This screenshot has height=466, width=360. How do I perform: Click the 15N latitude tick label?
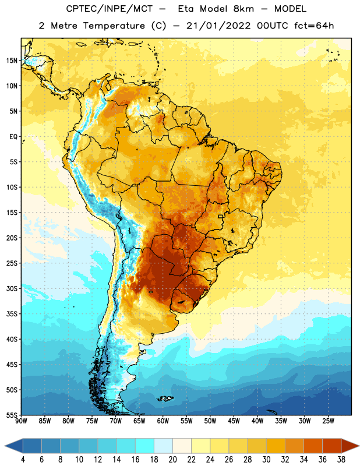[x=12, y=61]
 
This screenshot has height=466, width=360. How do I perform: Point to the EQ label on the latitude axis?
[x=13, y=137]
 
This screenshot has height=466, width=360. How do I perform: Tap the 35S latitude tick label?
[x=12, y=314]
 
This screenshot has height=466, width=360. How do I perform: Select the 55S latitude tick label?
[x=12, y=415]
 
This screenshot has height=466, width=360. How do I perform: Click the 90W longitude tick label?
[x=21, y=421]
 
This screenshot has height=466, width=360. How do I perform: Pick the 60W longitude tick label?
[x=163, y=421]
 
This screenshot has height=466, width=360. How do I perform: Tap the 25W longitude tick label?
[x=328, y=421]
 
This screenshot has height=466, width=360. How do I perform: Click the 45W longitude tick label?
[x=234, y=421]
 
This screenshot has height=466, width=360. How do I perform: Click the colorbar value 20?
[x=172, y=460]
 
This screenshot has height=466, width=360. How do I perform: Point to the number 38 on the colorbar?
[x=341, y=460]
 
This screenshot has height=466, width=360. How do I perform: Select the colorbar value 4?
[x=23, y=460]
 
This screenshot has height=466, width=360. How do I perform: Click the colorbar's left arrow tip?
[x=5, y=446]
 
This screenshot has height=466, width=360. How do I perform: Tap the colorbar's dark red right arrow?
[x=349, y=446]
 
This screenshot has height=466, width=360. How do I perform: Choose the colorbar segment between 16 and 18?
[x=144, y=446]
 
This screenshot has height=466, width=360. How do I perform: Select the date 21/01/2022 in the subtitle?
[x=218, y=26]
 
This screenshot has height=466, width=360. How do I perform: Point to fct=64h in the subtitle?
[x=314, y=26]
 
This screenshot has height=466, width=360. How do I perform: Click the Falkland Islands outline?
[x=165, y=398]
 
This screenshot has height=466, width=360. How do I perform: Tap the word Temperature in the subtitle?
[x=114, y=26]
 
